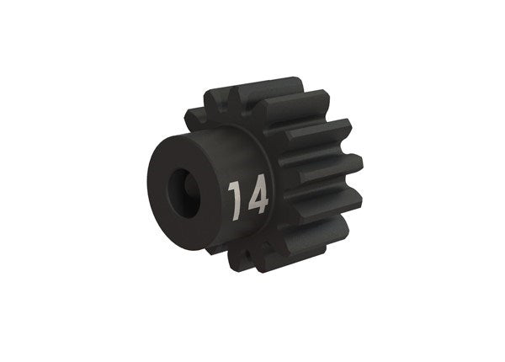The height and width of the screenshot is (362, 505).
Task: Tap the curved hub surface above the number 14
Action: tap(240, 152)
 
